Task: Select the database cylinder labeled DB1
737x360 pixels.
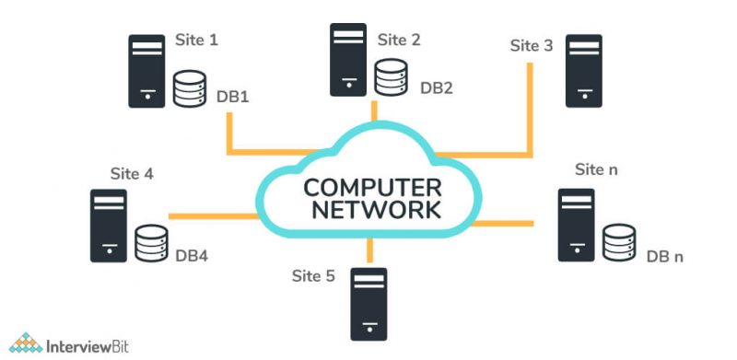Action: coord(190,89)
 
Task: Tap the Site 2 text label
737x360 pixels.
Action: coord(399,40)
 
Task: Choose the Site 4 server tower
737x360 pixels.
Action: coord(109,226)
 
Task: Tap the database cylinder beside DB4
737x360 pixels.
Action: coord(151,244)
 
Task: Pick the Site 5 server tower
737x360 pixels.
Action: coord(368,303)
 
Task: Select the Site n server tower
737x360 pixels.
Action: coord(577,225)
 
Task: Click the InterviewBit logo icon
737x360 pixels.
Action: coord(27,343)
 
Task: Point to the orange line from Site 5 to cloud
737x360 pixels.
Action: coord(369,250)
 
